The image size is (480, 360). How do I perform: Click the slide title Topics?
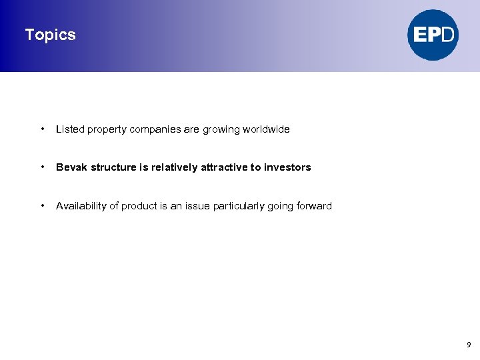tap(50, 35)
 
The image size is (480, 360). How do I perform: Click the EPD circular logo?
tap(433, 35)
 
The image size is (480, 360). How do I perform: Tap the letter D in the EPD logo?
tap(448, 35)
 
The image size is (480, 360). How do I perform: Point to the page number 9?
tap(469, 345)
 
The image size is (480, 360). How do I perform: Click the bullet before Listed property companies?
tap(42, 129)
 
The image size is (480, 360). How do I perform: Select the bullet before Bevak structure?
tap(42, 167)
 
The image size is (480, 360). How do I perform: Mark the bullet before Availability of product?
tap(42, 205)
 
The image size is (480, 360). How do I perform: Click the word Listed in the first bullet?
tap(69, 129)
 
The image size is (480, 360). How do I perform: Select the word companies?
tap(155, 129)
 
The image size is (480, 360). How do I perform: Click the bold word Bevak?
tap(71, 167)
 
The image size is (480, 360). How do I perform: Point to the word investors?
tap(287, 167)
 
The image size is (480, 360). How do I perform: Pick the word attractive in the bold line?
tap(224, 167)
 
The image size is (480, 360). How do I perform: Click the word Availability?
tap(81, 206)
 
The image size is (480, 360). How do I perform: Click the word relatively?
tap(174, 167)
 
